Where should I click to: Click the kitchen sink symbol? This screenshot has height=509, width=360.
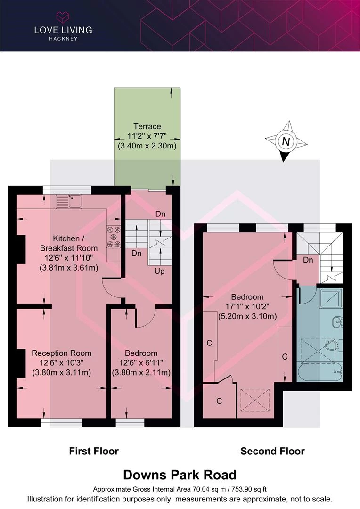tap(69, 201)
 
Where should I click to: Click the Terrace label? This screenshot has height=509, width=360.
tap(147, 126)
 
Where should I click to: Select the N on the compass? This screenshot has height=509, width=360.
tap(286, 141)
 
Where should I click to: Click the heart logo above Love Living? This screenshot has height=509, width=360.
tap(63, 16)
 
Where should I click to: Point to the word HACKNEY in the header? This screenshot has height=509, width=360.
tap(63, 39)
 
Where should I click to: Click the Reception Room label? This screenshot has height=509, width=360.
tap(61, 353)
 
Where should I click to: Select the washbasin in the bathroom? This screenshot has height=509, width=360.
tap(338, 322)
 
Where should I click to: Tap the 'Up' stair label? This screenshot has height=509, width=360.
tap(159, 271)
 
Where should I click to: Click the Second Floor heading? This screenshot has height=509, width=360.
tap(273, 451)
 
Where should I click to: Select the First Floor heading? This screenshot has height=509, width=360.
tap(94, 451)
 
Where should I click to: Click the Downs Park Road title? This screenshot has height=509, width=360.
tap(180, 475)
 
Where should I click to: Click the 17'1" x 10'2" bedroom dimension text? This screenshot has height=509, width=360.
tap(247, 306)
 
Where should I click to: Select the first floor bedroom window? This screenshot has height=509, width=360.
tap(130, 422)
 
